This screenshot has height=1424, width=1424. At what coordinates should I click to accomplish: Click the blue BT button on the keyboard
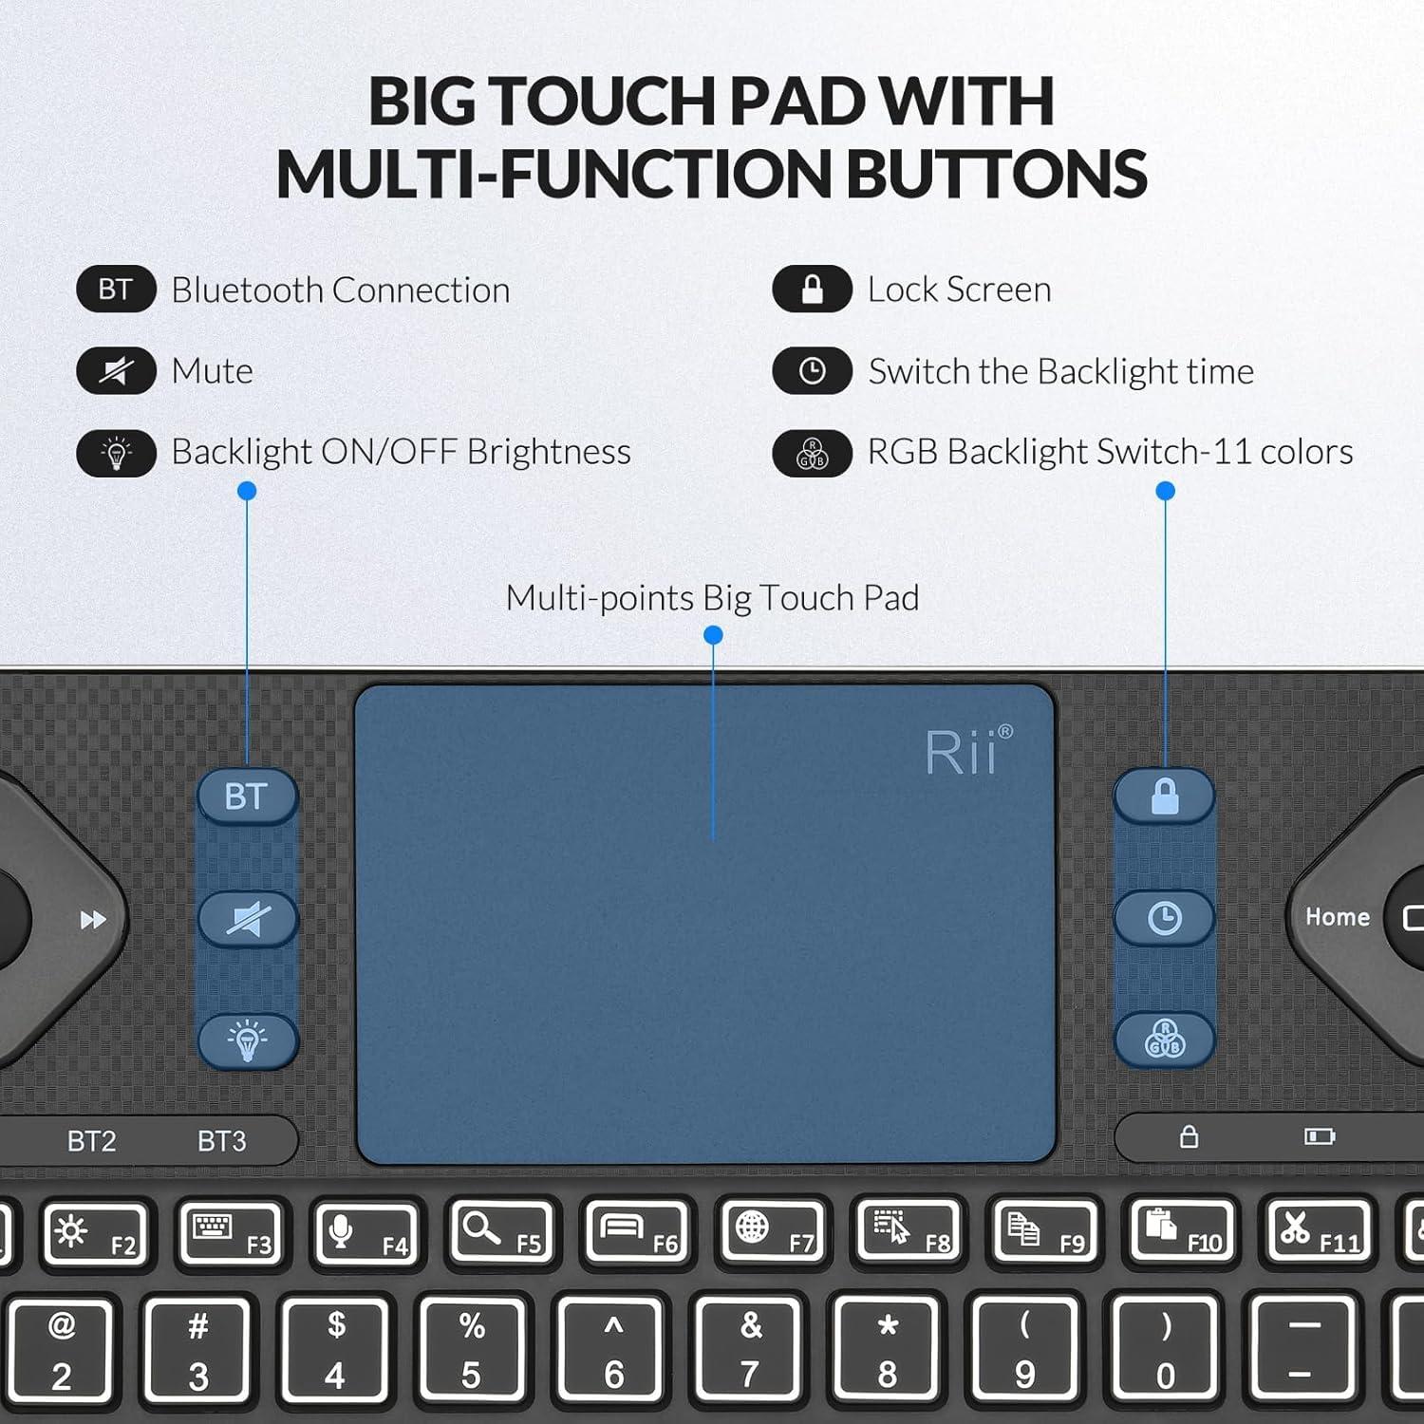tap(247, 796)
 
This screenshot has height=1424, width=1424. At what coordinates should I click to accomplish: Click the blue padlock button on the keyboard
tap(1164, 796)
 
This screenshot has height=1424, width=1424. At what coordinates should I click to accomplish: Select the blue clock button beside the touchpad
tap(1164, 918)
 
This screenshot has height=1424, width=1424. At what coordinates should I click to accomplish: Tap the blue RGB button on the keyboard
tap(1164, 1039)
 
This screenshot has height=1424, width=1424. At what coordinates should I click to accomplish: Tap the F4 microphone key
tap(367, 1233)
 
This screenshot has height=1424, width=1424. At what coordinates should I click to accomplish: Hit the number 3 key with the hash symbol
tap(197, 1350)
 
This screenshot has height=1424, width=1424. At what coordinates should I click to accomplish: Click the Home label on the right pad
tap(1337, 917)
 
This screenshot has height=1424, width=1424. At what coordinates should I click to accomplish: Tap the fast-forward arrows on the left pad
tap(93, 920)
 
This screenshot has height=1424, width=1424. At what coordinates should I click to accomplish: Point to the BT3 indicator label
tap(222, 1140)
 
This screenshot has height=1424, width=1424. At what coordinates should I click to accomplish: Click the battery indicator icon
tap(1319, 1136)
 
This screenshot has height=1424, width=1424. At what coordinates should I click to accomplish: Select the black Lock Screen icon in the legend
tap(812, 290)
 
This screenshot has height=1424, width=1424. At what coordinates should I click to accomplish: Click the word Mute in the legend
tap(212, 371)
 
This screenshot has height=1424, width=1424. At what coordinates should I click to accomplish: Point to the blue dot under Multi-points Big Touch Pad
tap(713, 635)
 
